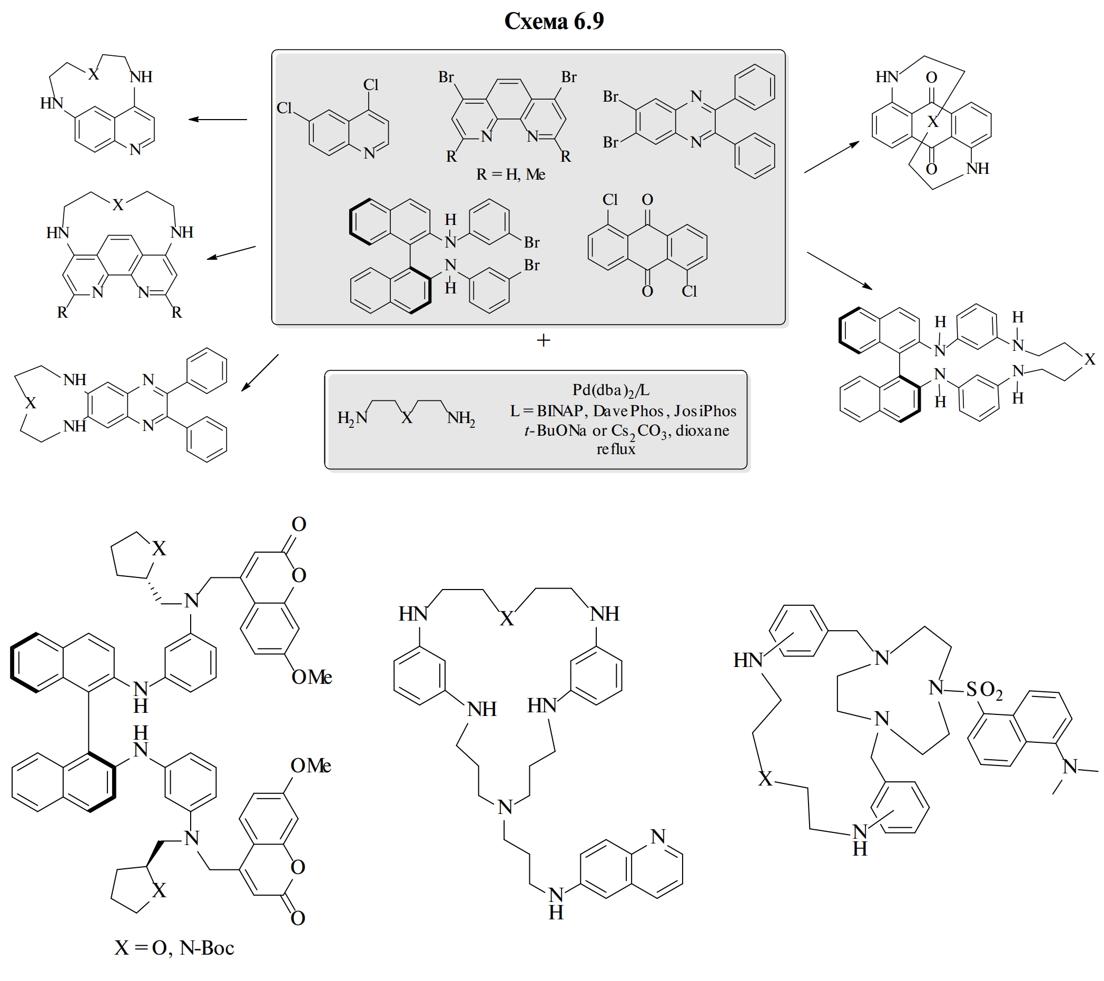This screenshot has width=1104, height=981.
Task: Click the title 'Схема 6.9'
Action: pyautogui.click(x=554, y=21)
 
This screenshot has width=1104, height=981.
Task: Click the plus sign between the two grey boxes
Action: pyautogui.click(x=544, y=340)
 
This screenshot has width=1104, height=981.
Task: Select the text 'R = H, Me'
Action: pyautogui.click(x=510, y=174)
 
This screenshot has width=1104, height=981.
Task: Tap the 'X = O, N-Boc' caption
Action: pyautogui.click(x=174, y=947)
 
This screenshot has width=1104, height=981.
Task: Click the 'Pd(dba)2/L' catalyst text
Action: pyautogui.click(x=611, y=390)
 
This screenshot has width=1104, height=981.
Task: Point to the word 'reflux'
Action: pyautogui.click(x=616, y=449)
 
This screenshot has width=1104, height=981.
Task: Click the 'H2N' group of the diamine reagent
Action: pyautogui.click(x=352, y=418)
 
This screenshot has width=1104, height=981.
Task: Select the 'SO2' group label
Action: pyautogui.click(x=984, y=690)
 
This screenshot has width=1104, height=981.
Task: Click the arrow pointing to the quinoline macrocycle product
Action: pyautogui.click(x=218, y=120)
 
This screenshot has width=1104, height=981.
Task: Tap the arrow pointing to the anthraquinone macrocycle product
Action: pyautogui.click(x=831, y=157)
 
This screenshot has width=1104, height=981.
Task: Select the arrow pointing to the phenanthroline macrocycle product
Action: pyautogui.click(x=231, y=253)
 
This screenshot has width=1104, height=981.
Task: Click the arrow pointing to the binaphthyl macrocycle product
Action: pyautogui.click(x=840, y=271)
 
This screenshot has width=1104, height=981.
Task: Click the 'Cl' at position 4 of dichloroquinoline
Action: pyautogui.click(x=370, y=85)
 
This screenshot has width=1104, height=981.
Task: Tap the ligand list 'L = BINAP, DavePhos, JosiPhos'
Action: pyautogui.click(x=623, y=411)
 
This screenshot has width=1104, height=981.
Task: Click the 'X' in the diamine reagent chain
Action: pyautogui.click(x=407, y=417)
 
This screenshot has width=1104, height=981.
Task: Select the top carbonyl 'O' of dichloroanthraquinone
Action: pyautogui.click(x=647, y=200)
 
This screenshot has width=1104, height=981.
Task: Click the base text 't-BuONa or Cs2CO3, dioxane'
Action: pyautogui.click(x=627, y=431)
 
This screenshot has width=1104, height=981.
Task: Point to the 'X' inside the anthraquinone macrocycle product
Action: pyautogui.click(x=933, y=122)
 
